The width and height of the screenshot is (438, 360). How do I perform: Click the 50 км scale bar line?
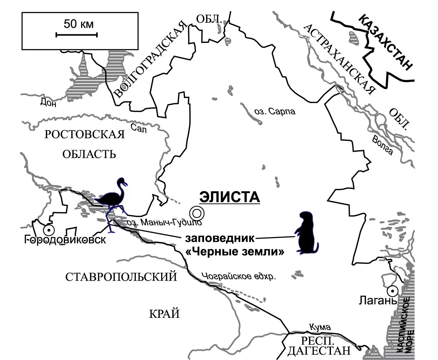click(x=76, y=35)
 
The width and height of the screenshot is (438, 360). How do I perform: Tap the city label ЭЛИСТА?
click(x=230, y=197)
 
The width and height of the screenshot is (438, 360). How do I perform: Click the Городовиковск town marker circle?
click(x=48, y=230)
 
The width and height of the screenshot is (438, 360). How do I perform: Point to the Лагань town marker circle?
click(x=392, y=290)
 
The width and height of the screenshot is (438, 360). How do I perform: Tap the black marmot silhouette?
click(x=306, y=234)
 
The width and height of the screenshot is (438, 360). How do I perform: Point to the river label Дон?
click(x=48, y=103)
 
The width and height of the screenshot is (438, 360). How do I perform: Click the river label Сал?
click(x=139, y=128)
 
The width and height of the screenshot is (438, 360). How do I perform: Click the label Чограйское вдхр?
click(x=239, y=277)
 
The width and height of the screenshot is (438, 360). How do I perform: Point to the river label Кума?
click(x=320, y=327)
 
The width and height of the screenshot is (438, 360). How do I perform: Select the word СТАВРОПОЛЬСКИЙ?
click(x=121, y=277)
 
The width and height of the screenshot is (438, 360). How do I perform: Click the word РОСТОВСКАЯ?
click(x=85, y=134)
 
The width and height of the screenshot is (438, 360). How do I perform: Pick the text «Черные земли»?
click(x=235, y=252)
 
